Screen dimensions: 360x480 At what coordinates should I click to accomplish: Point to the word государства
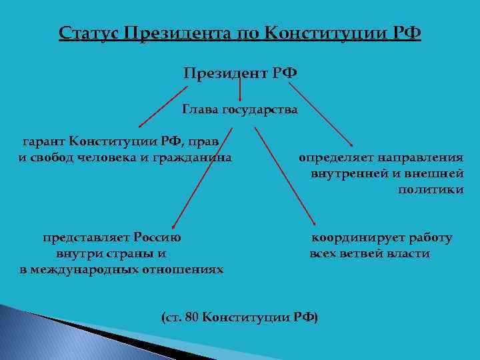(x=259, y=109)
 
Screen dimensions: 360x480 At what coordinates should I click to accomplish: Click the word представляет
(x=86, y=237)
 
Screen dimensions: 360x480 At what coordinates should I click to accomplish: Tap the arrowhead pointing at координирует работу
(x=314, y=227)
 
